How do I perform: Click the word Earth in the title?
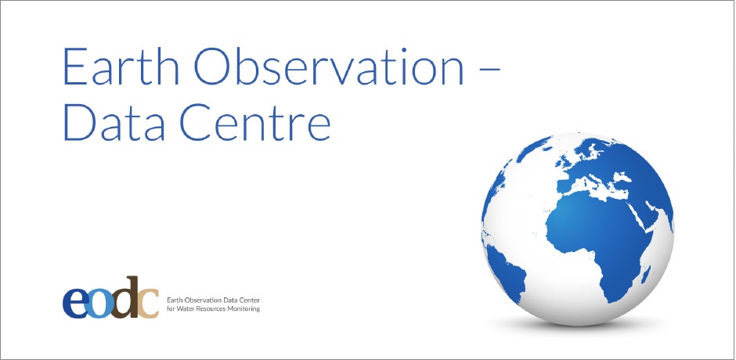[121, 67]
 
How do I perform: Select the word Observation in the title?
[329, 67]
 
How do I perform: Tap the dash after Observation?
[490, 69]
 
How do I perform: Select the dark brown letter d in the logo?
[124, 297]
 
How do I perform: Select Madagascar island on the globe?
[646, 275]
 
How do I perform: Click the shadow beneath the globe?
[577, 324]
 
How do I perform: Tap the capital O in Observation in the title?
[214, 67]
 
